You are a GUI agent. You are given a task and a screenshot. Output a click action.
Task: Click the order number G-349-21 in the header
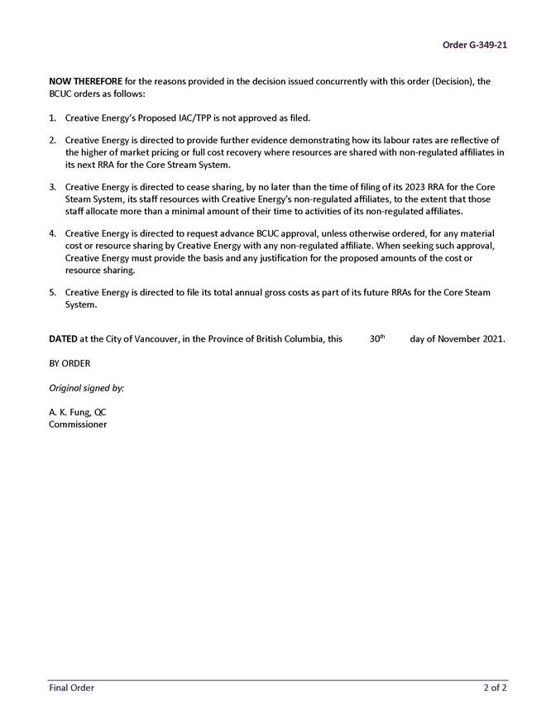[474, 45]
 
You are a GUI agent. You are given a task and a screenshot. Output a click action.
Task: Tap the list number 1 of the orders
[52, 118]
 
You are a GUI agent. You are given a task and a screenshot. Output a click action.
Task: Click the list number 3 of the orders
[52, 187]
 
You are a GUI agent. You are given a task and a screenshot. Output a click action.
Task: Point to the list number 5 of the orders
[52, 292]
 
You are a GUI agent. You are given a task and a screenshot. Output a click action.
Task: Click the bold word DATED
[63, 339]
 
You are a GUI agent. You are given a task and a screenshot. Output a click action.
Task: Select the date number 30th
[377, 338]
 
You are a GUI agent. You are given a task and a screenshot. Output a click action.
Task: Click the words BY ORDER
[69, 363]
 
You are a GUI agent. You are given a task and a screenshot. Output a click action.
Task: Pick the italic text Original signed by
[86, 387]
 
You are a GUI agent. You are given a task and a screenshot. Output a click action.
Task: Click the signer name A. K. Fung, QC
[77, 411]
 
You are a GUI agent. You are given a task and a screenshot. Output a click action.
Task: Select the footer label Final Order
[71, 688]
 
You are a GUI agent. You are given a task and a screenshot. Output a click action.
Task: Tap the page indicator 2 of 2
[495, 688]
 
